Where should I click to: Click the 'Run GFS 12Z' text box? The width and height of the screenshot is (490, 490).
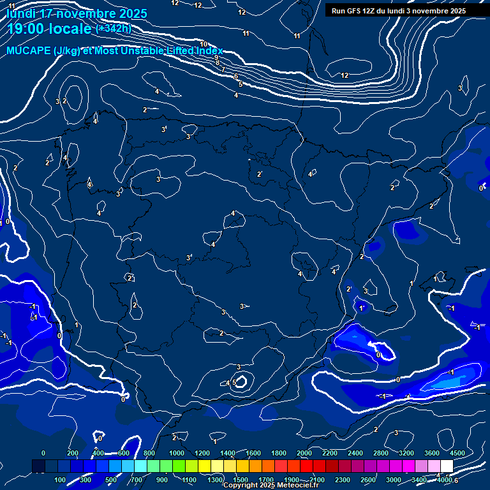point(398,11)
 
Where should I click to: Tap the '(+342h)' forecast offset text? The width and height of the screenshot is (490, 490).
point(113,28)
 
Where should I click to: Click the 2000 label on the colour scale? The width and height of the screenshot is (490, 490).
point(304,453)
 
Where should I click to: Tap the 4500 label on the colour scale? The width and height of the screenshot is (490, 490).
point(457,453)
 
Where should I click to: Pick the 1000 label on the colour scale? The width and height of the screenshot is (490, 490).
point(177,453)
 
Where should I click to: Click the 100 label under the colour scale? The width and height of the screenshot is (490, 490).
point(61,480)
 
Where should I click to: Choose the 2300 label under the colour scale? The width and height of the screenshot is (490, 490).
point(343,480)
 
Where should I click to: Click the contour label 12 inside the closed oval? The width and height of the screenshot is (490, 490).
point(345,75)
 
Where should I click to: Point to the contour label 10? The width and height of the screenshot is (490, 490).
point(204,62)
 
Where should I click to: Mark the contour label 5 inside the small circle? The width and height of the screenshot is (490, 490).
point(234,382)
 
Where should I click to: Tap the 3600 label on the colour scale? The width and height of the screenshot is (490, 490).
point(432,453)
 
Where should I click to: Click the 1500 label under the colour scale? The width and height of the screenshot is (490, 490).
point(241,480)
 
